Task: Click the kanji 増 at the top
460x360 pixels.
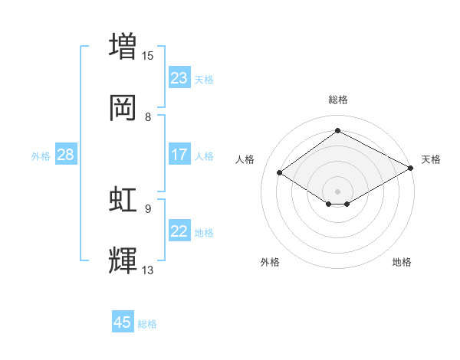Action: point(123,45)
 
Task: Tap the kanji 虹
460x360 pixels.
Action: point(123,199)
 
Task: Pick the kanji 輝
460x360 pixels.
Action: point(123,260)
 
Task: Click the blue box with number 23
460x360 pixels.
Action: point(179,78)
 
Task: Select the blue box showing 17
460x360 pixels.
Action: point(179,155)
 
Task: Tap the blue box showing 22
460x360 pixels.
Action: point(179,231)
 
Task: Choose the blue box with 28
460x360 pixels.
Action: point(65,155)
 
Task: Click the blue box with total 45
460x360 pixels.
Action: point(123,322)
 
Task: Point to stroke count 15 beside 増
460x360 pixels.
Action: point(148,55)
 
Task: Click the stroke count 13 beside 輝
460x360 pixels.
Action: point(148,270)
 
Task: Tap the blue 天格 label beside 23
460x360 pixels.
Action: point(204,79)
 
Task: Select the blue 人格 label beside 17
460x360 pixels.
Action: point(204,155)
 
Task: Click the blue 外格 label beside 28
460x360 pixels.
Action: point(41,155)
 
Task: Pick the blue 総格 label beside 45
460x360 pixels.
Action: point(147,323)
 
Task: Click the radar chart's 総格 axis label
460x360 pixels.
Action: point(337,100)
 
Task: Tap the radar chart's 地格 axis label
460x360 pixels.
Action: point(402,262)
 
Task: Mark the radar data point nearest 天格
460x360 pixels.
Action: point(411,169)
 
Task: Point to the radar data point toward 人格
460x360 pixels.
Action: point(280,173)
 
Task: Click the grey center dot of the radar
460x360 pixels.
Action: point(337,191)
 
